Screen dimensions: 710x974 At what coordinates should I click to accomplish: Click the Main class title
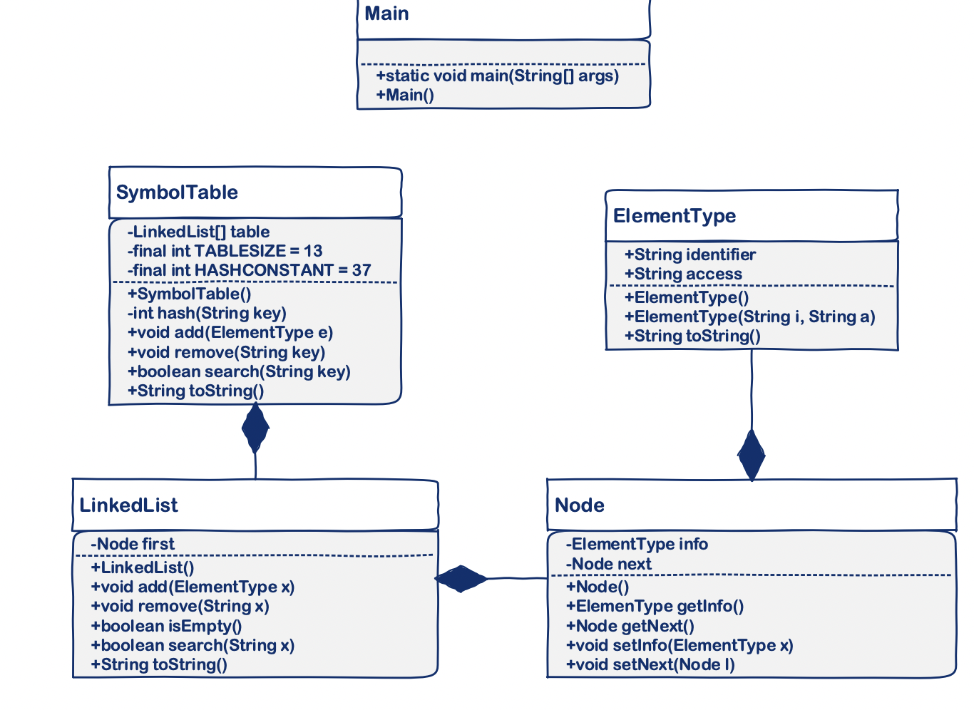click(x=386, y=14)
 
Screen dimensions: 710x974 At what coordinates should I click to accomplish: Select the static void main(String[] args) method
click(x=497, y=76)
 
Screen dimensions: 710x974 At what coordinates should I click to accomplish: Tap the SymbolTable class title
click(x=177, y=192)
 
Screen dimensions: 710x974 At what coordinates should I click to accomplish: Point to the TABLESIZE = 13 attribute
click(x=225, y=251)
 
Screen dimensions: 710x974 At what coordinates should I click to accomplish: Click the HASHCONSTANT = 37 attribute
click(x=249, y=270)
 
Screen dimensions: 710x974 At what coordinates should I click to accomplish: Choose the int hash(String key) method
click(x=207, y=313)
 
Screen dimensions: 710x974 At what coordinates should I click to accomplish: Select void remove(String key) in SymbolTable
click(x=226, y=352)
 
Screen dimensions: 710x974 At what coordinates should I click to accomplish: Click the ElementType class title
click(x=674, y=216)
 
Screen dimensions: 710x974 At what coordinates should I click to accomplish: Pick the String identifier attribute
click(x=690, y=254)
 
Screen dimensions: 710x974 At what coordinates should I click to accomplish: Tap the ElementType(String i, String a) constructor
click(x=749, y=317)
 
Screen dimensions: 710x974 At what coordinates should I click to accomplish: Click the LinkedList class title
click(x=128, y=505)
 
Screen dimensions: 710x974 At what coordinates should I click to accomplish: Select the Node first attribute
click(x=132, y=544)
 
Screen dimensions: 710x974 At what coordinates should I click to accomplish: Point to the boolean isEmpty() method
click(x=166, y=626)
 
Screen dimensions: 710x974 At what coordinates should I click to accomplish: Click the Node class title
click(x=579, y=505)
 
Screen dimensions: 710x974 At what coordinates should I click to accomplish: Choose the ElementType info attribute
click(x=637, y=544)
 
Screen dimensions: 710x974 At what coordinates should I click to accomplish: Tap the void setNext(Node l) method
click(x=650, y=664)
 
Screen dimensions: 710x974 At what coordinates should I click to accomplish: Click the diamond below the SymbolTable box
click(x=255, y=428)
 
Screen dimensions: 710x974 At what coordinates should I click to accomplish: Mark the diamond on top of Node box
click(x=752, y=456)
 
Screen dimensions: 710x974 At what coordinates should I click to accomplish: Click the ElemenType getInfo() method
click(x=655, y=606)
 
